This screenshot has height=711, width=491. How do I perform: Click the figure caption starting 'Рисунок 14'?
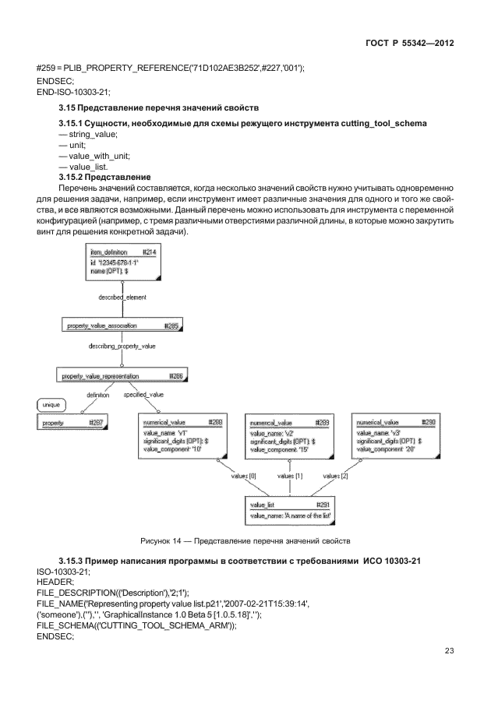coord(245,540)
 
